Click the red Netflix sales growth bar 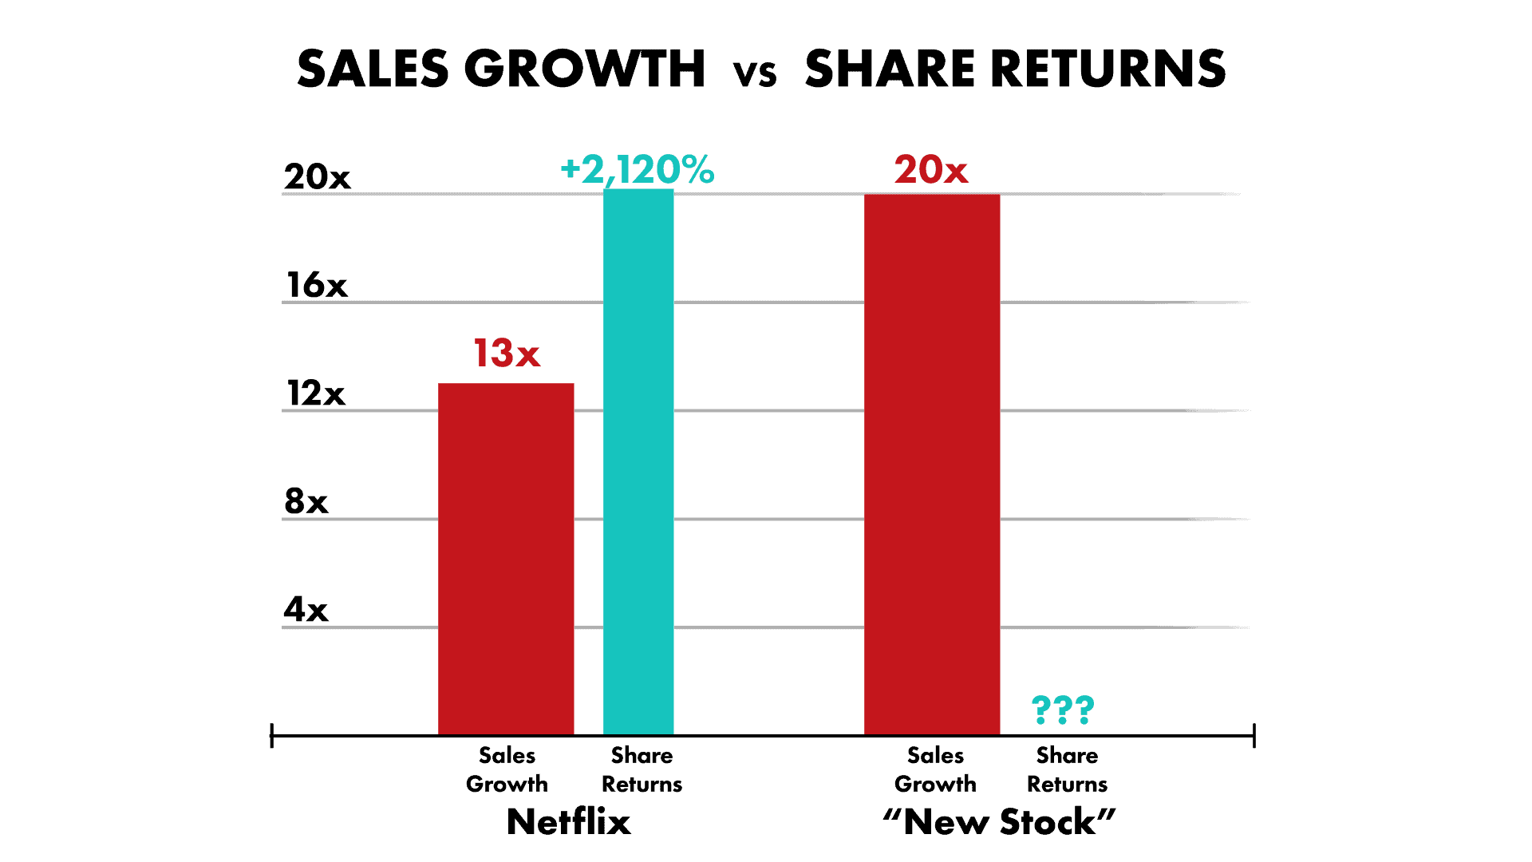[x=506, y=559]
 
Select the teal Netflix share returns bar [x=638, y=463]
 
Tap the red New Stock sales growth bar [x=931, y=463]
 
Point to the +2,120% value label [x=638, y=170]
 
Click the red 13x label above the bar [x=507, y=354]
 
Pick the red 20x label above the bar [x=930, y=170]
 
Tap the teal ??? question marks [x=1063, y=709]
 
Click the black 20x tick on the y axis [x=317, y=176]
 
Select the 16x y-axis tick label [x=317, y=285]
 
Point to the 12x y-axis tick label [x=316, y=393]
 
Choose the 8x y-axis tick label [x=306, y=501]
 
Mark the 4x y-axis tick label [x=306, y=610]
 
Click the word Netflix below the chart [x=568, y=821]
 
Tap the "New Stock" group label [x=999, y=821]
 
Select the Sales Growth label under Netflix [x=507, y=769]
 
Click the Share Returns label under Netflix [x=642, y=769]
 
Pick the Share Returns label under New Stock [x=1067, y=769]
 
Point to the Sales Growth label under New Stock [x=935, y=769]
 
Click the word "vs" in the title [x=755, y=72]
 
